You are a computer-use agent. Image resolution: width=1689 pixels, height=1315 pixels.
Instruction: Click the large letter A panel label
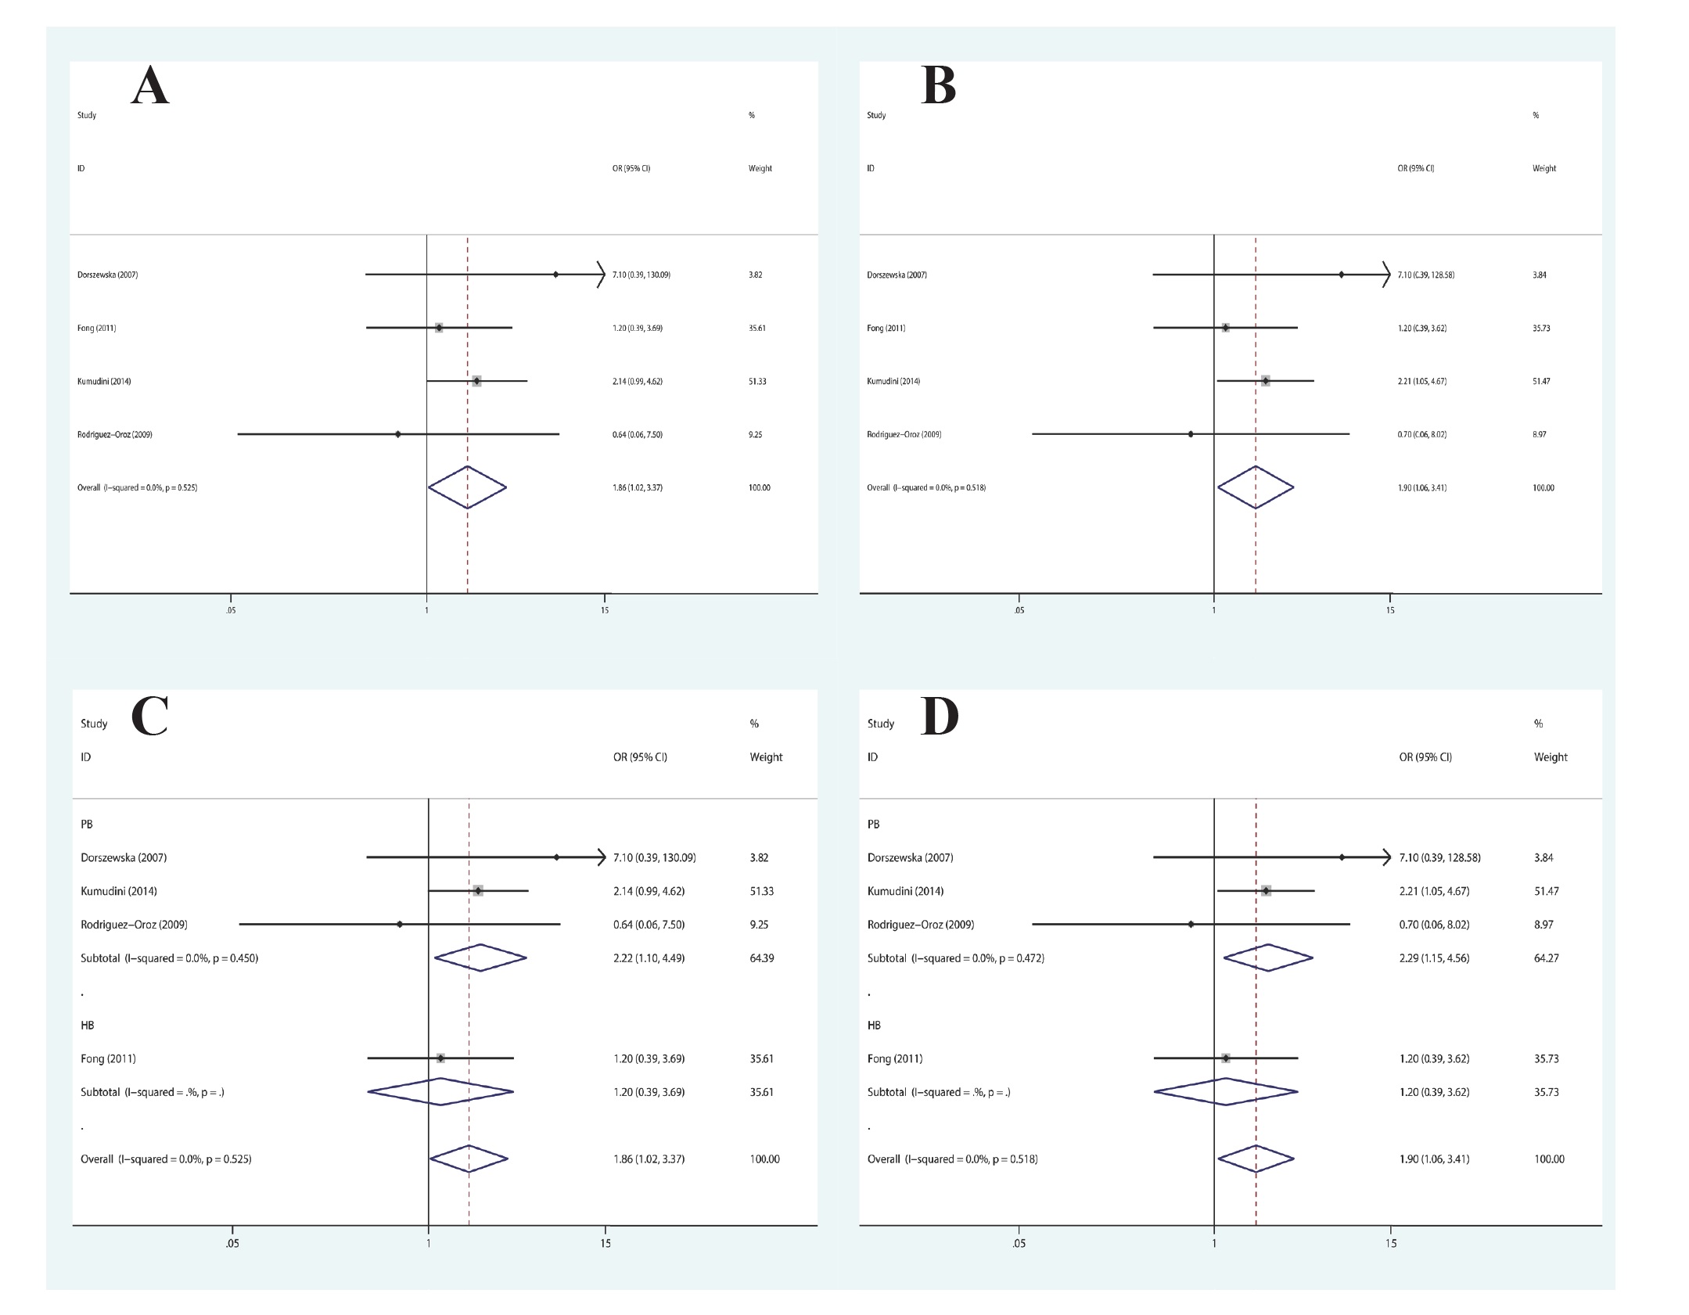(x=150, y=86)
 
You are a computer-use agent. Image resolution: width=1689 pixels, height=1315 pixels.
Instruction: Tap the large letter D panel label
(x=939, y=717)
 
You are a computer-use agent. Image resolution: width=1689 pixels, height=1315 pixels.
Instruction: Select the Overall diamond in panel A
(x=467, y=487)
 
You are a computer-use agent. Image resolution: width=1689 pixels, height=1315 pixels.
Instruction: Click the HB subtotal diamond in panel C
(x=440, y=1092)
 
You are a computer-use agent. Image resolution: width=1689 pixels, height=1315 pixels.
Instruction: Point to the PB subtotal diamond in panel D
(x=1268, y=958)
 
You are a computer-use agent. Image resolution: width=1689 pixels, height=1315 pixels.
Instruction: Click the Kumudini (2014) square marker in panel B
(x=1265, y=381)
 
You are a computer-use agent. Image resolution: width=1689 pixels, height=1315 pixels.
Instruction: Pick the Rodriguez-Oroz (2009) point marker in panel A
(x=398, y=434)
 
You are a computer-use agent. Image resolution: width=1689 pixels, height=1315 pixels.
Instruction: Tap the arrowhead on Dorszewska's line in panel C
(x=601, y=857)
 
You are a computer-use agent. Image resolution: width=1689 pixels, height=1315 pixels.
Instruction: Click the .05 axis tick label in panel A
(x=231, y=610)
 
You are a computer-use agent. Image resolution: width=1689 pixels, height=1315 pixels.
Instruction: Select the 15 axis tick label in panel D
(x=1390, y=1244)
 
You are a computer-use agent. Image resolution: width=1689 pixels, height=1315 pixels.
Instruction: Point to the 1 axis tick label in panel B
(x=1213, y=610)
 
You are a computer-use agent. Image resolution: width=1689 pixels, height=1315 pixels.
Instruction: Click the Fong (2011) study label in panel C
(x=108, y=1058)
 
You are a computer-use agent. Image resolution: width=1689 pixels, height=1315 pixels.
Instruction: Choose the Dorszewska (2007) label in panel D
(x=910, y=857)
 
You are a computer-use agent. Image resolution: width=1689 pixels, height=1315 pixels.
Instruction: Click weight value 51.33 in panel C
(x=761, y=891)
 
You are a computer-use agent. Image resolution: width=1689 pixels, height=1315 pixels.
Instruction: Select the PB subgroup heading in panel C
(x=87, y=824)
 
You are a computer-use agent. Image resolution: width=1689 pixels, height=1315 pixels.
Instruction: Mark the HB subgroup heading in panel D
(x=874, y=1025)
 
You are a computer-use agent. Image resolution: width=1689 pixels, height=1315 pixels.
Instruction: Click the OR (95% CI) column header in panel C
(x=640, y=757)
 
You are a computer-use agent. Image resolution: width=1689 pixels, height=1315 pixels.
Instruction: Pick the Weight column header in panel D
(x=1551, y=757)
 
